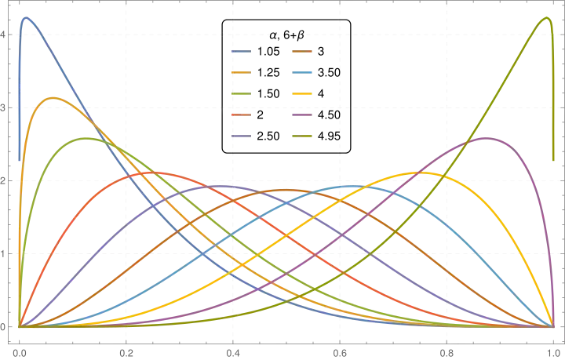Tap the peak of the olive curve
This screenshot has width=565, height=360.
click(548, 15)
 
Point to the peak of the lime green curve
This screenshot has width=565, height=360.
click(86, 137)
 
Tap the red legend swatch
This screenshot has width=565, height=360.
click(241, 115)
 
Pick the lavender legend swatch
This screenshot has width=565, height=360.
click(241, 135)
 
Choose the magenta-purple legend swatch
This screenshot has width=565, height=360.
click(303, 115)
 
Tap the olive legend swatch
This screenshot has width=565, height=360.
click(303, 135)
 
